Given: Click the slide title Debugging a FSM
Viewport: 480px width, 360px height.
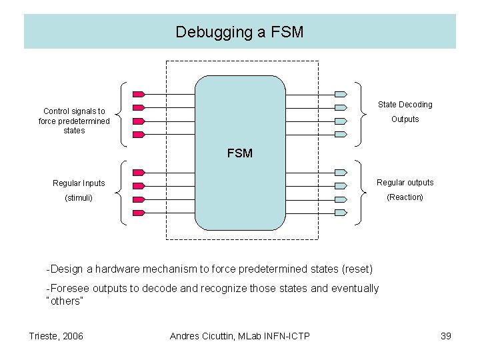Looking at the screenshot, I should point(239,31).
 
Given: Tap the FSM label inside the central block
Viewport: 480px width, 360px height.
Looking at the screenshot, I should point(239,153).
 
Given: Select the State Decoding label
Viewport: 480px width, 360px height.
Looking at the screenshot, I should point(405,105).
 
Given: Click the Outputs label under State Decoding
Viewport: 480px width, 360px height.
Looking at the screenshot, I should point(405,119).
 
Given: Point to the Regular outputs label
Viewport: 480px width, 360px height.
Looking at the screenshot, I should point(405,183).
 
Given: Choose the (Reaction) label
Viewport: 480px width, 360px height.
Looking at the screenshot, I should point(405,197).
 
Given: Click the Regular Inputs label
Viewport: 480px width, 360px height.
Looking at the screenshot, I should point(79,183).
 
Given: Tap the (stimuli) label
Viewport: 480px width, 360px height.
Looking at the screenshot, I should point(79,198).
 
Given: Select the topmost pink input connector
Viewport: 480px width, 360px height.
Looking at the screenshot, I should point(139,93).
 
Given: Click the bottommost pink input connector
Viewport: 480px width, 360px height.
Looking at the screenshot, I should point(139,213).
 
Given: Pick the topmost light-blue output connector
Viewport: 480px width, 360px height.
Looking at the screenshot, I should point(341,93).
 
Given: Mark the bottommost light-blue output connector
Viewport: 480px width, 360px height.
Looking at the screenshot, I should point(341,213).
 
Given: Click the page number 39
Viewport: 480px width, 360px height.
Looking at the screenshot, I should point(446,336).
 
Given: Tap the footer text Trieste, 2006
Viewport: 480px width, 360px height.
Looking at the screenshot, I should point(57,336).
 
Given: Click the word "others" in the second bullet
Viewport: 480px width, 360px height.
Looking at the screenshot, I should point(64,301).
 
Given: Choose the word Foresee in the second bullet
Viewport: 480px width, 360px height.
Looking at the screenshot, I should point(68,288).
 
